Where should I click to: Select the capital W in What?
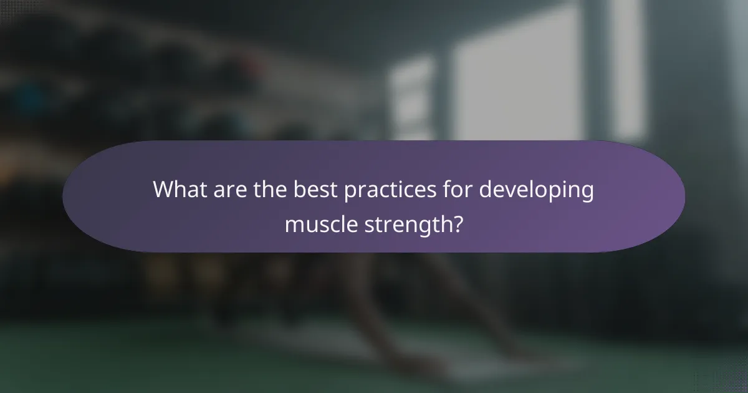pos(163,190)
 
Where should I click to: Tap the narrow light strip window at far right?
pos(627,69)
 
